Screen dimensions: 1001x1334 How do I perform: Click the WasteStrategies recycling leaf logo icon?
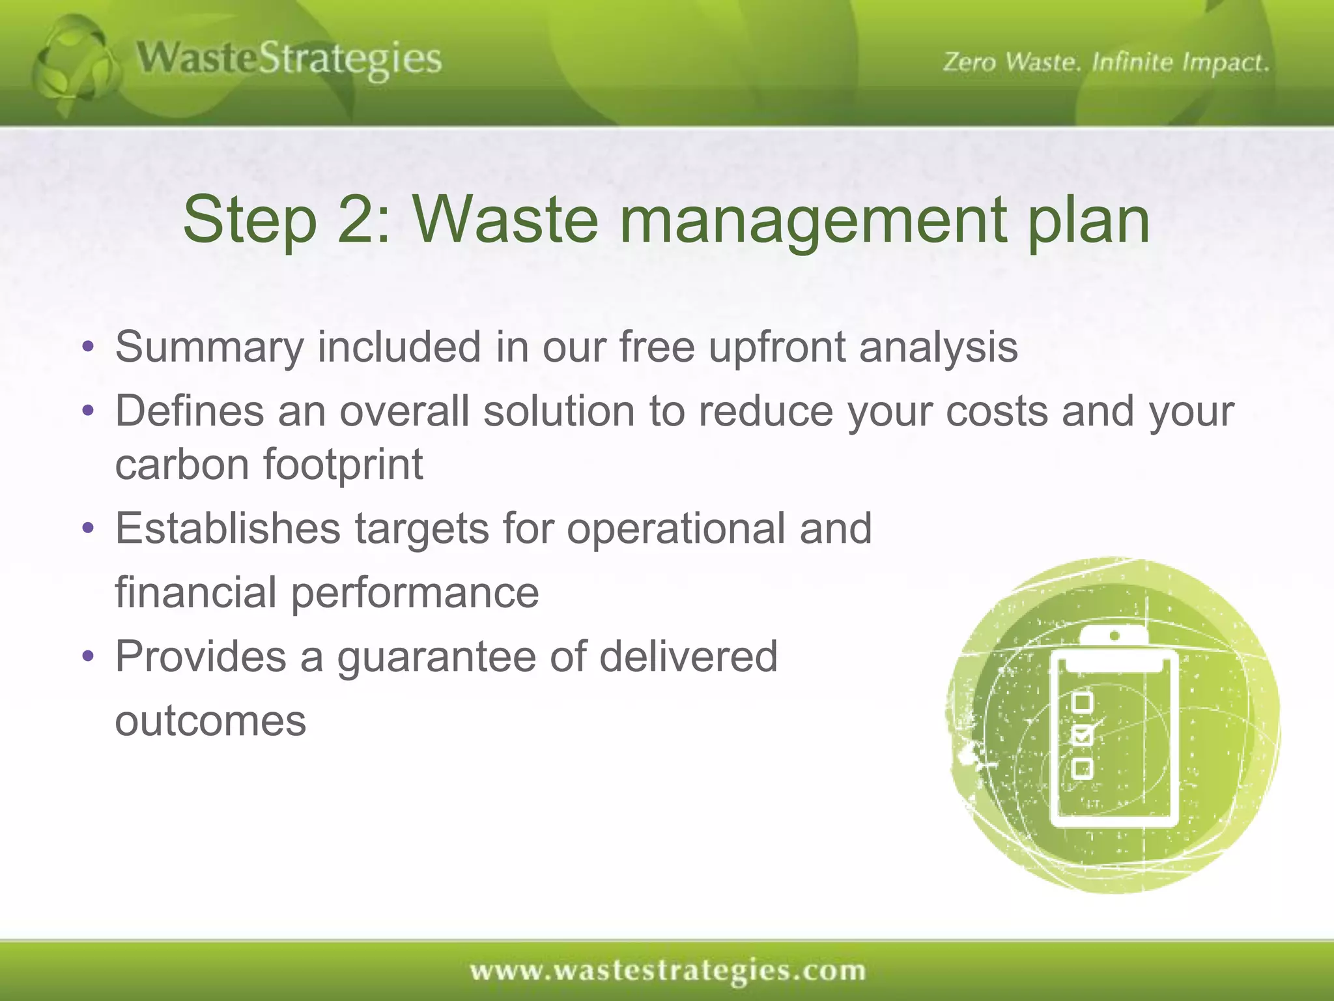75,65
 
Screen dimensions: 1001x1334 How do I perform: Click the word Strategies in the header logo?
350,60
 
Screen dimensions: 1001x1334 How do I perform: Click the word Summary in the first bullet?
209,347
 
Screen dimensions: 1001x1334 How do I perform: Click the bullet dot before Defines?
89,411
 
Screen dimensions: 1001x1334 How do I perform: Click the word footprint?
343,464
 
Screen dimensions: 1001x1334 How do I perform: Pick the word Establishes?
227,528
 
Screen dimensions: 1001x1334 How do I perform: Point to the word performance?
414,592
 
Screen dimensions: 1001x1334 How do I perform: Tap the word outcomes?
210,721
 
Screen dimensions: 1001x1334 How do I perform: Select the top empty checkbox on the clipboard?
1082,703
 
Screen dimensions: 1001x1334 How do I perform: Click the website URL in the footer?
668,971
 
